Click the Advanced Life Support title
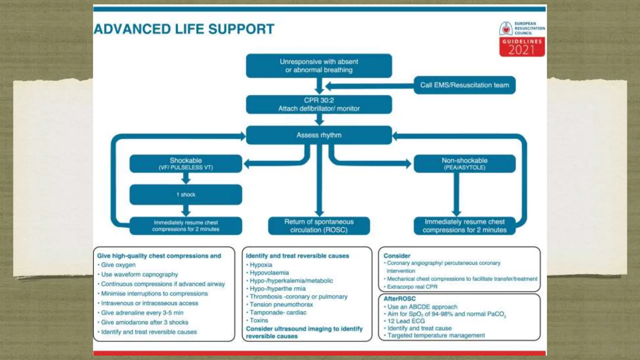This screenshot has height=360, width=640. [x=184, y=29]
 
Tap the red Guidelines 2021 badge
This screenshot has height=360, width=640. [x=522, y=47]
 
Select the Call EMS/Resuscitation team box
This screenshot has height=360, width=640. [x=464, y=85]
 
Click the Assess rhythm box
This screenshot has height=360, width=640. [x=319, y=135]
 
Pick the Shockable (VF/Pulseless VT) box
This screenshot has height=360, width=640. [x=186, y=163]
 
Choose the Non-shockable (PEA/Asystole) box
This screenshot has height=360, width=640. [x=464, y=163]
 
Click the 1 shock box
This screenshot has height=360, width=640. [x=186, y=194]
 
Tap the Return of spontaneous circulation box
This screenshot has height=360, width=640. [x=319, y=226]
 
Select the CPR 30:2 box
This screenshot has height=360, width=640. [x=319, y=104]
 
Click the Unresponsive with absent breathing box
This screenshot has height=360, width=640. [x=319, y=66]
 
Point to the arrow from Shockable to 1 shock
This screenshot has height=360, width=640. [x=186, y=178]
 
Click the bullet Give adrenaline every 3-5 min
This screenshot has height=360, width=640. [x=142, y=312]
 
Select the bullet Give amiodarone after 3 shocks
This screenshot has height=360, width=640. [x=144, y=322]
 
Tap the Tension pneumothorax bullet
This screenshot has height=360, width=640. [x=281, y=304]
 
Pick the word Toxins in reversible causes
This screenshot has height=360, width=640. [x=259, y=320]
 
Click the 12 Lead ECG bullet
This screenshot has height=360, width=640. [x=406, y=321]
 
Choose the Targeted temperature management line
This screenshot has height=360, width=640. [x=436, y=335]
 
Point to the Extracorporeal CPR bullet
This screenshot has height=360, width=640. [x=412, y=287]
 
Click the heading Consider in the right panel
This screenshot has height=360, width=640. [x=397, y=256]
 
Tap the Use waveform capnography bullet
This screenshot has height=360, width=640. [x=139, y=274]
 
